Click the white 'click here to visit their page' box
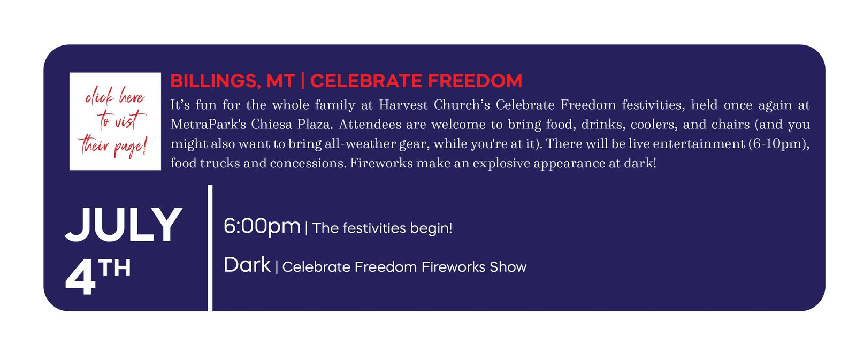point(115,121)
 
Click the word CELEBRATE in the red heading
point(366,81)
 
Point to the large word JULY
point(124,225)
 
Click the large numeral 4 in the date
point(80,277)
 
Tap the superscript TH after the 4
point(114,268)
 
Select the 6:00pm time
point(262,226)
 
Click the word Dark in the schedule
point(247,265)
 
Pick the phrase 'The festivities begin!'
point(382,228)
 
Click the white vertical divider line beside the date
point(210,248)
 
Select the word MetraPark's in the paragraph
point(208,124)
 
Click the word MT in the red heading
point(280,81)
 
